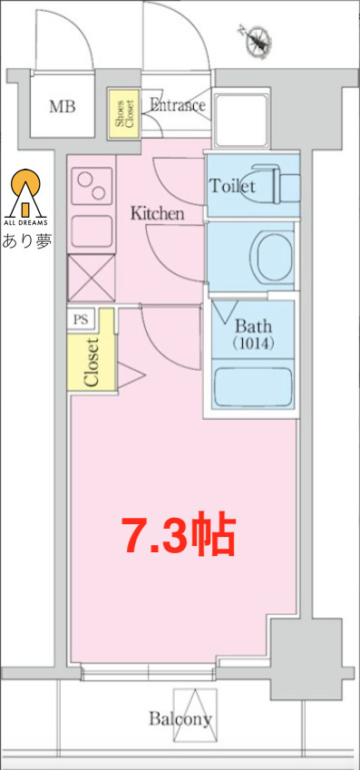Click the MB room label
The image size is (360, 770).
[x=63, y=107]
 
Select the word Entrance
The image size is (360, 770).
[x=177, y=105]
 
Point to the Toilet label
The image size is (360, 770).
[x=232, y=187]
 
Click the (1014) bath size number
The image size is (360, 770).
[x=252, y=345]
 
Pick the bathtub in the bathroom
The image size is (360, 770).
[x=251, y=388]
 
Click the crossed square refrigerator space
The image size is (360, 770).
[x=91, y=278]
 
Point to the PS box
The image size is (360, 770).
[x=81, y=319]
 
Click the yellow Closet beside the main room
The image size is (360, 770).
[x=92, y=360]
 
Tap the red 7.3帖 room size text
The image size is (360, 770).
[x=180, y=537]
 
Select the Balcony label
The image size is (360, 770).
[x=180, y=719]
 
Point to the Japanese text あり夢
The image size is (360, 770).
[x=27, y=241]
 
